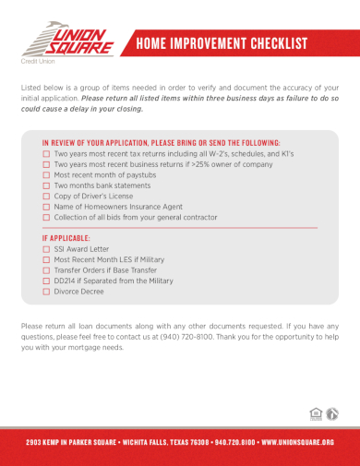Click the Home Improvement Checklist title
tap(221, 43)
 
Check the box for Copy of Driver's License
tap(46, 197)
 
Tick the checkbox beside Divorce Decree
tap(46, 292)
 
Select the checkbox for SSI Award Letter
tap(46, 248)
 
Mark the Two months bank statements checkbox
tap(46, 185)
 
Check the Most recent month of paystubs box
tap(46, 174)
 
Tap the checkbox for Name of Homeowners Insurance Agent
tap(46, 207)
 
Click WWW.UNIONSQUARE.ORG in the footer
tap(297, 441)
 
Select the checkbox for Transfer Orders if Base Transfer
tap(46, 270)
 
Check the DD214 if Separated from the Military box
tap(46, 281)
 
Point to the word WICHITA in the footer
tap(149, 441)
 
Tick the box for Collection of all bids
tap(46, 218)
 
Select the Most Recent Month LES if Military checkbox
tap(46, 259)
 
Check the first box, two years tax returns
tap(46, 153)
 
